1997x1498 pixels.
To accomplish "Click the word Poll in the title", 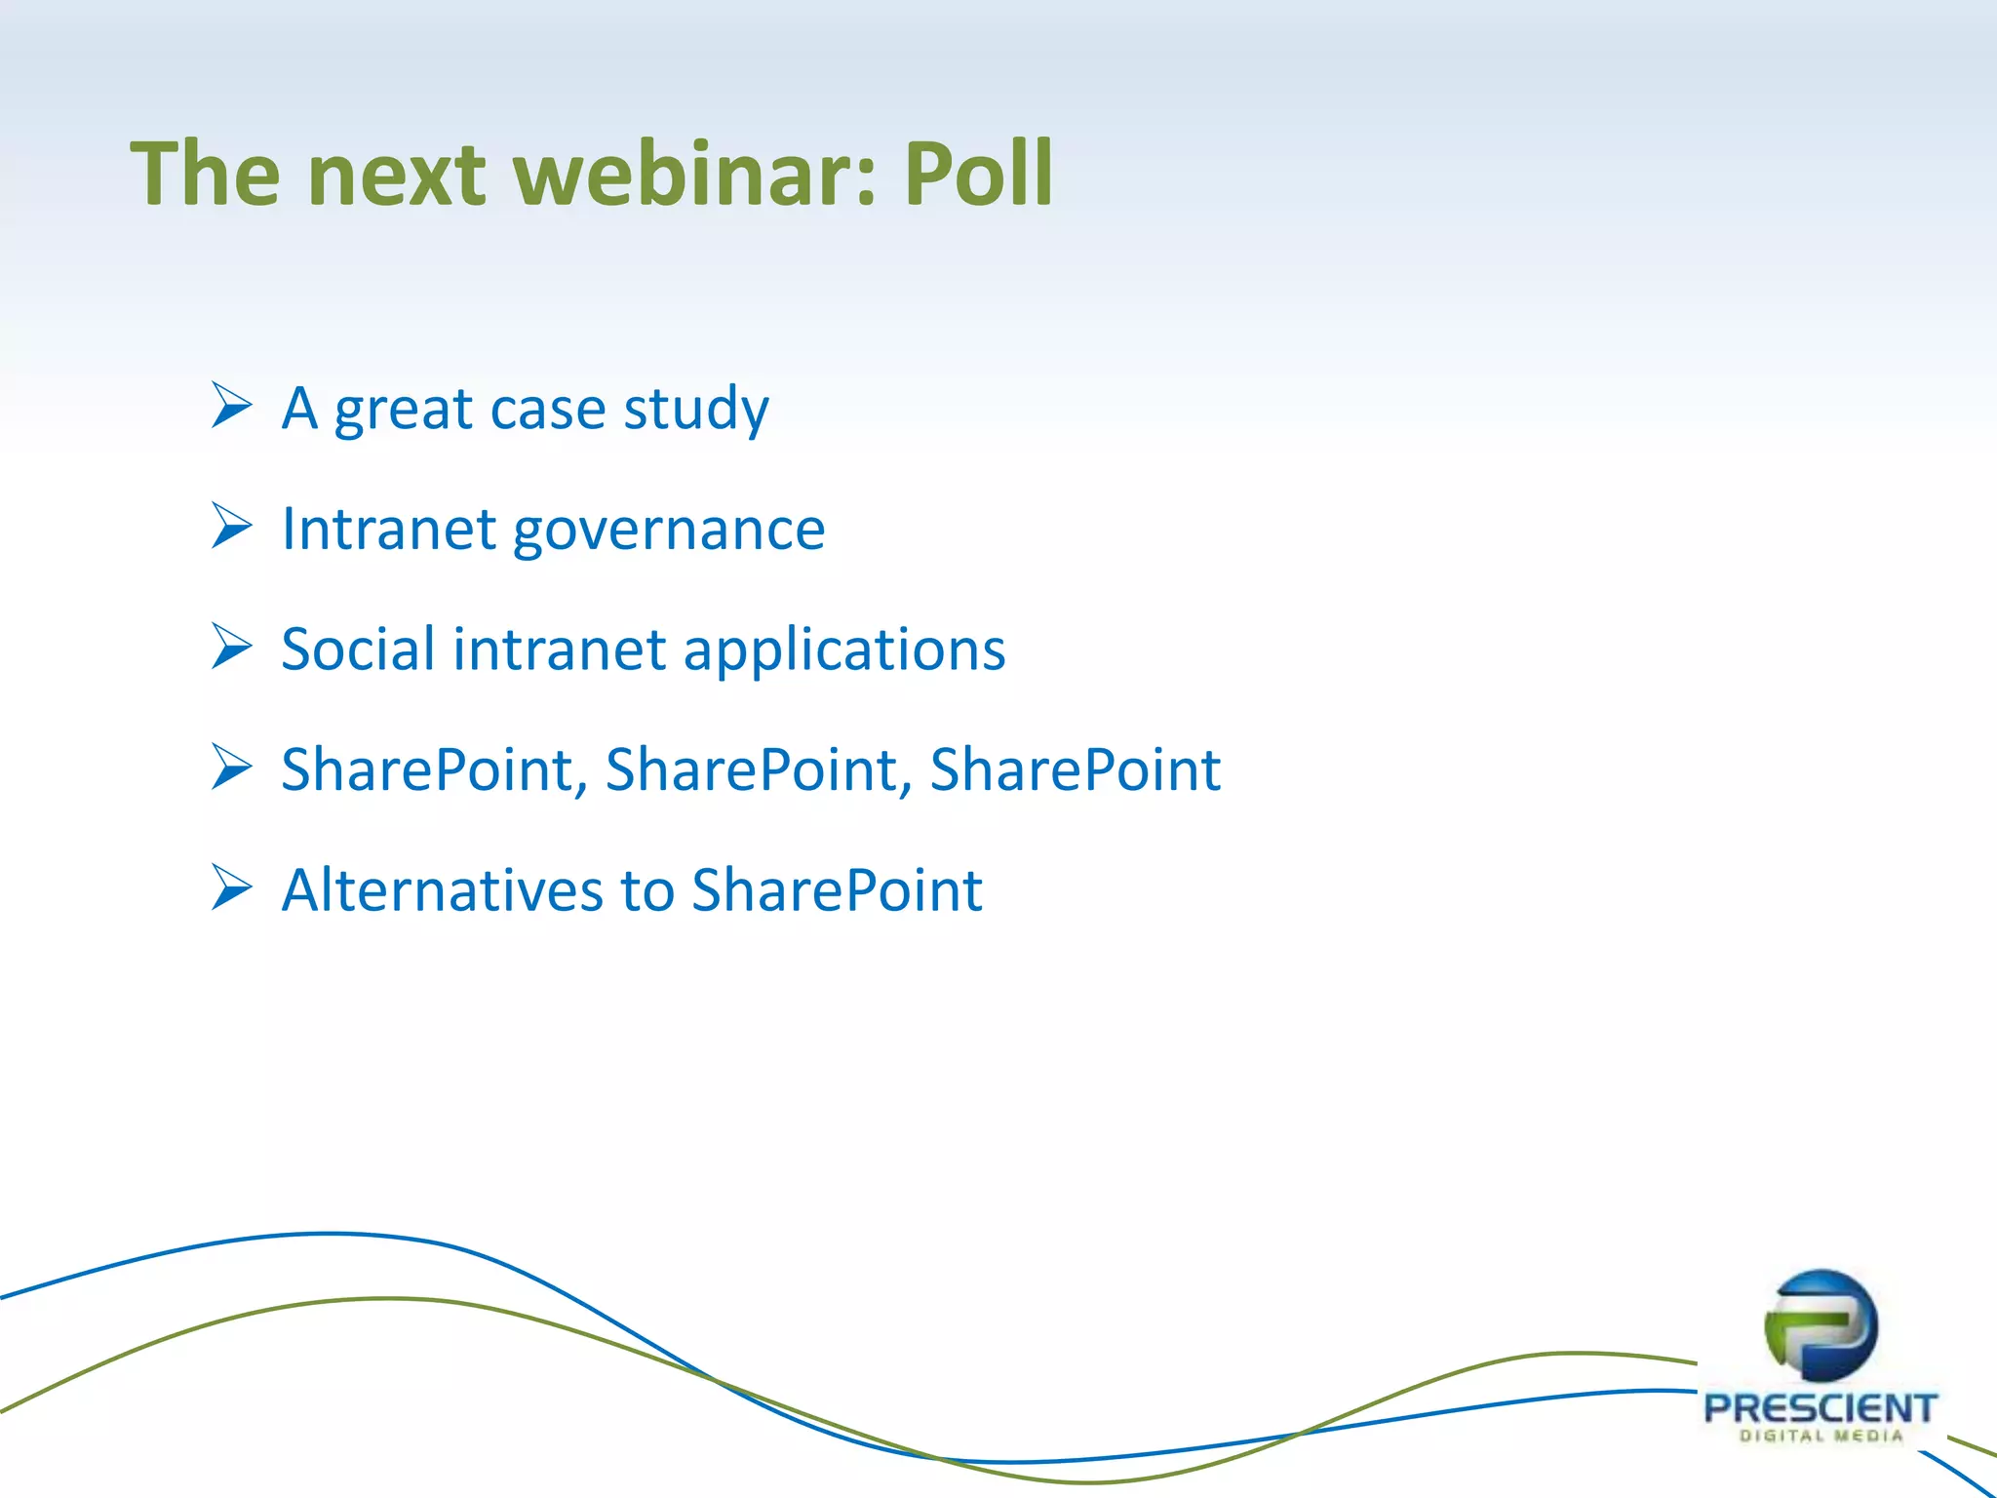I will pyautogui.click(x=978, y=174).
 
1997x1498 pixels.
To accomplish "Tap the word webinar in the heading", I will pyautogui.click(x=694, y=174).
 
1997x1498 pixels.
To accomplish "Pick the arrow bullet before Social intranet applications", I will pyautogui.click(x=232, y=647).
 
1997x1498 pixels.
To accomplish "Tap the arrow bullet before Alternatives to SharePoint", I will pyautogui.click(x=232, y=887).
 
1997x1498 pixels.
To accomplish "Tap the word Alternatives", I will pyautogui.click(x=443, y=890).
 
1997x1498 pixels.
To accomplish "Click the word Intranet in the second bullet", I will pyautogui.click(x=389, y=530).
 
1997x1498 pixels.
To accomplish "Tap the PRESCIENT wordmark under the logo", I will pyautogui.click(x=1820, y=1407).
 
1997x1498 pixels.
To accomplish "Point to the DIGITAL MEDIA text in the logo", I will pyautogui.click(x=1821, y=1436).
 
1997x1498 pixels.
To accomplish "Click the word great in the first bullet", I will pyautogui.click(x=404, y=410).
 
